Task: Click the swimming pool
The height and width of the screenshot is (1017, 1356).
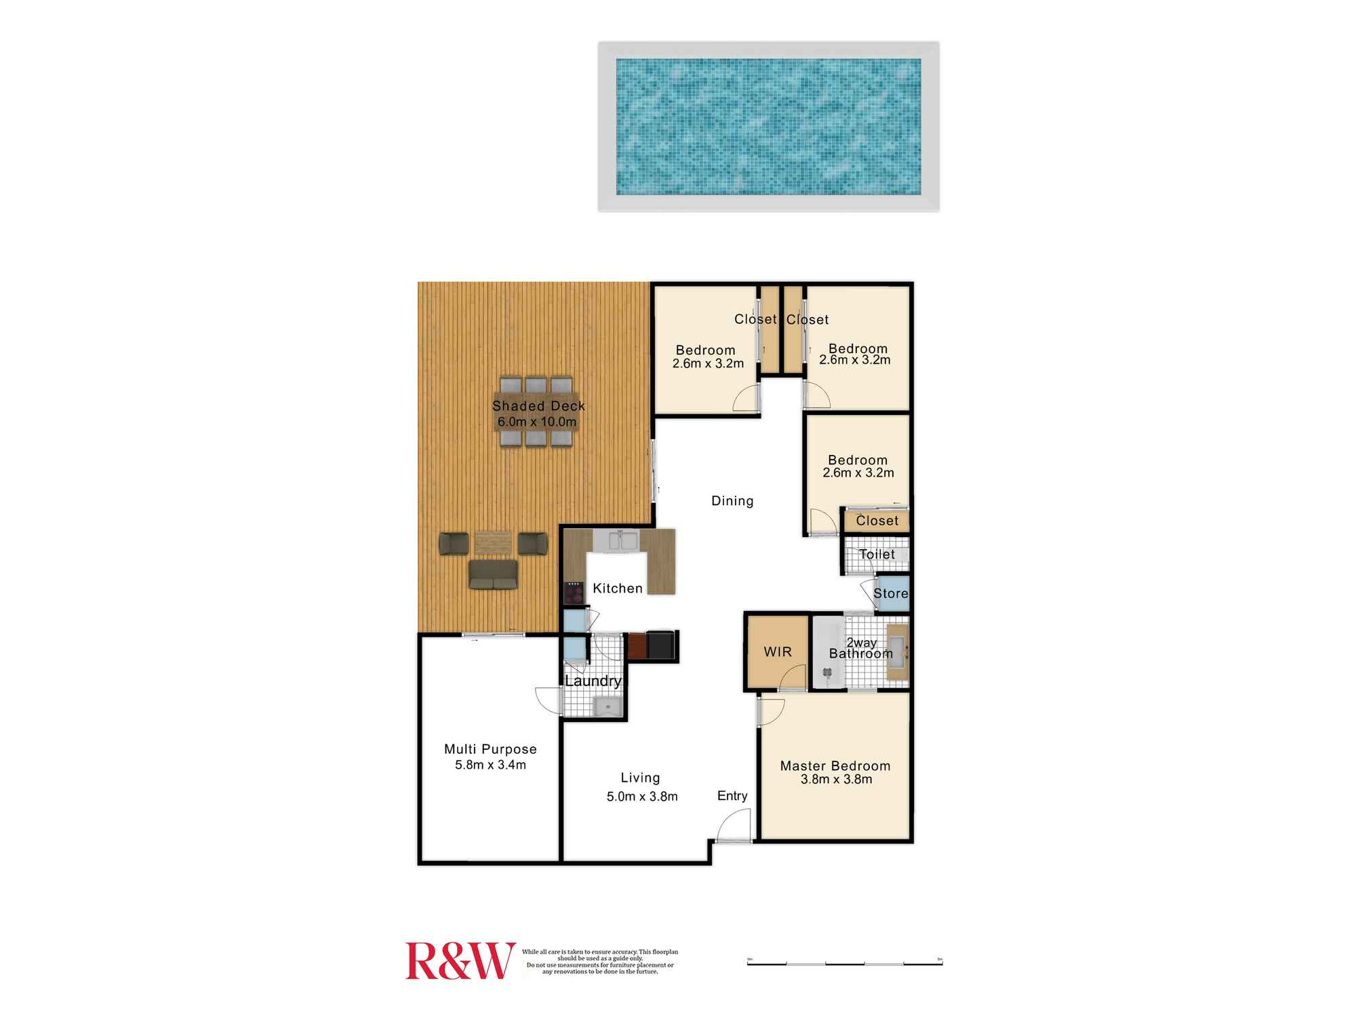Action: click(768, 126)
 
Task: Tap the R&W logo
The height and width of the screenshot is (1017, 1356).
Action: click(460, 961)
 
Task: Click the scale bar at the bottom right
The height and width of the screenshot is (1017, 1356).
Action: click(844, 962)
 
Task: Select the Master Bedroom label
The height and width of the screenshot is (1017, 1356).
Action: click(835, 765)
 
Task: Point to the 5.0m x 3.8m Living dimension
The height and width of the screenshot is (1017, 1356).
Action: click(641, 797)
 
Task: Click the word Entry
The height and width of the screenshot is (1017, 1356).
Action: click(732, 795)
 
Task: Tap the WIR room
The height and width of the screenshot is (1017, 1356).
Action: click(778, 652)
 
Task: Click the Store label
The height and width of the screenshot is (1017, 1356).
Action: click(890, 593)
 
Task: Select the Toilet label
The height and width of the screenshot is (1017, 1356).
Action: click(877, 554)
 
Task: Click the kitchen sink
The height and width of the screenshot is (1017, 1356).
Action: click(622, 541)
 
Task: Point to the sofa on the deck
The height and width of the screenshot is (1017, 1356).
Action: click(493, 575)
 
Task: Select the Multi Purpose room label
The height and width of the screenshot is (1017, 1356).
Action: click(490, 749)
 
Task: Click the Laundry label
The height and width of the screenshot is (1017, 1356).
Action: click(593, 681)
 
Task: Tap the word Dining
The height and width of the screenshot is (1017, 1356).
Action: click(732, 500)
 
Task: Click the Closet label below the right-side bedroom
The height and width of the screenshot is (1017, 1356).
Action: click(877, 521)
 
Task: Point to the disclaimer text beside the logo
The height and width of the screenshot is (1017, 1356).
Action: click(600, 961)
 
